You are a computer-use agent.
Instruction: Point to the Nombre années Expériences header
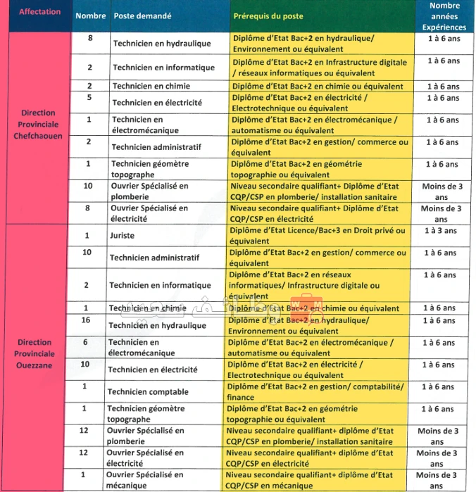(x=444, y=15)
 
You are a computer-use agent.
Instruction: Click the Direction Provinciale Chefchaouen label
(x=38, y=124)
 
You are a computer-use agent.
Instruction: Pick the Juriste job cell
(x=122, y=236)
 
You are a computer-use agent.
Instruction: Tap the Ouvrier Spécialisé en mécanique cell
(x=145, y=479)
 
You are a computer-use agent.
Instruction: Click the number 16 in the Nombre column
(x=87, y=320)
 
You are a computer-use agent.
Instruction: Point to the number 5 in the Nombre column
(x=89, y=98)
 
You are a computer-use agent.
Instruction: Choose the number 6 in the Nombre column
(x=85, y=341)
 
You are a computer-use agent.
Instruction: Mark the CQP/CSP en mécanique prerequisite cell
(x=310, y=479)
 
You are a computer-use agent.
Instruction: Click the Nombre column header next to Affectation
(x=90, y=15)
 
